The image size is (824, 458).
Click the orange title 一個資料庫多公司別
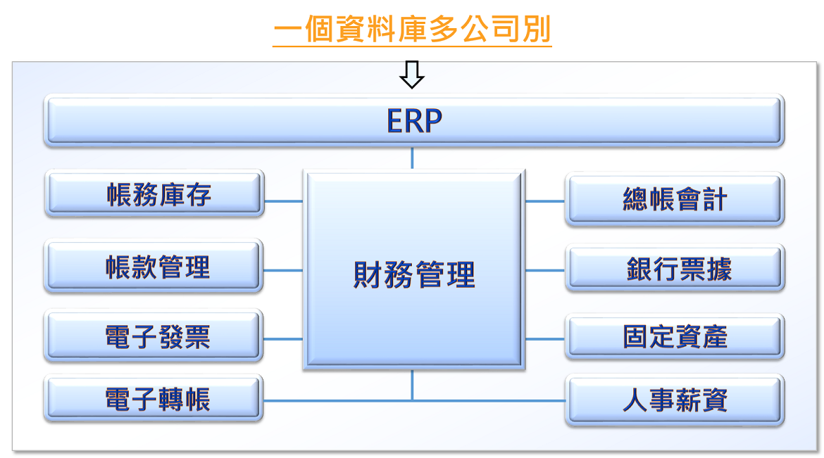(412, 29)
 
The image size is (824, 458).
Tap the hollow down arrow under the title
(412, 75)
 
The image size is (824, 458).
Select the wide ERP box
(414, 120)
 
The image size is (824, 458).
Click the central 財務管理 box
(414, 269)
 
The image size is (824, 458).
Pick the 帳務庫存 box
(154, 193)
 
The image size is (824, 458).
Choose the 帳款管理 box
(154, 266)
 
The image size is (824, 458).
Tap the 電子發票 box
(154, 336)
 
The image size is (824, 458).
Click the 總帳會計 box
(675, 199)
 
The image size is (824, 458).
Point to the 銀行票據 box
(675, 268)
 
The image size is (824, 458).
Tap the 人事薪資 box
(675, 400)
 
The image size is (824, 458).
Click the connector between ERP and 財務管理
(412, 158)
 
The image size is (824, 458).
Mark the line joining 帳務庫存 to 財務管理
(284, 201)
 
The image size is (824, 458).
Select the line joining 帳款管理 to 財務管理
(283, 270)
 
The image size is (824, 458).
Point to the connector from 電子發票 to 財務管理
(283, 339)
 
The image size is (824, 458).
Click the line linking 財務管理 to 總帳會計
(545, 201)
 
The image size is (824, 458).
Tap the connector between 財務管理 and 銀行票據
(545, 270)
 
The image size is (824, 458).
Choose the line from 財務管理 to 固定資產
(545, 339)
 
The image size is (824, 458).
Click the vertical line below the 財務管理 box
(412, 385)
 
